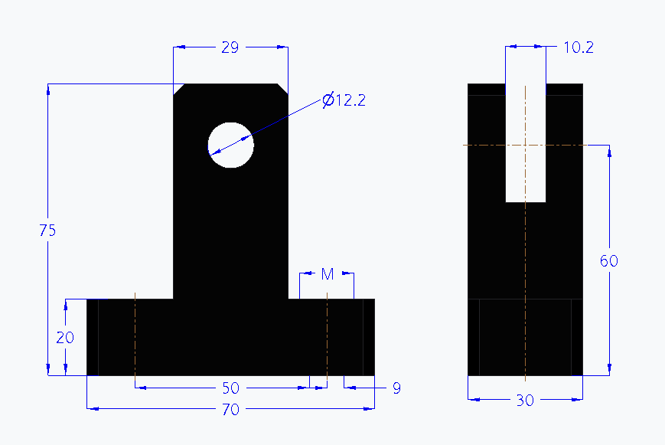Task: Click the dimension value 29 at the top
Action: click(x=230, y=47)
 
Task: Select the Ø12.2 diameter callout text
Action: click(x=344, y=100)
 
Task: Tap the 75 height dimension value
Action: click(x=47, y=231)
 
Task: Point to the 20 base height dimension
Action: click(x=66, y=338)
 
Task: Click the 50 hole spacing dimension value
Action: click(x=230, y=388)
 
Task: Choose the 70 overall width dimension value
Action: click(x=230, y=410)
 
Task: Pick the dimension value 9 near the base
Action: click(x=396, y=388)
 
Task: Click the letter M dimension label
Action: click(x=327, y=274)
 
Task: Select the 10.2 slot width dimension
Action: click(x=579, y=47)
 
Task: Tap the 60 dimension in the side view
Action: click(x=608, y=261)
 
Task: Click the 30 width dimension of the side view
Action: click(x=525, y=400)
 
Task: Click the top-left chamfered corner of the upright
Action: click(x=178, y=89)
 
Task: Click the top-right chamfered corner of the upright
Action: click(x=283, y=89)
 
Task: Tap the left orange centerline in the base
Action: click(x=135, y=337)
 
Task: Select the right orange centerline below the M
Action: click(x=327, y=337)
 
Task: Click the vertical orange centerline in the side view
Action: click(x=525, y=253)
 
